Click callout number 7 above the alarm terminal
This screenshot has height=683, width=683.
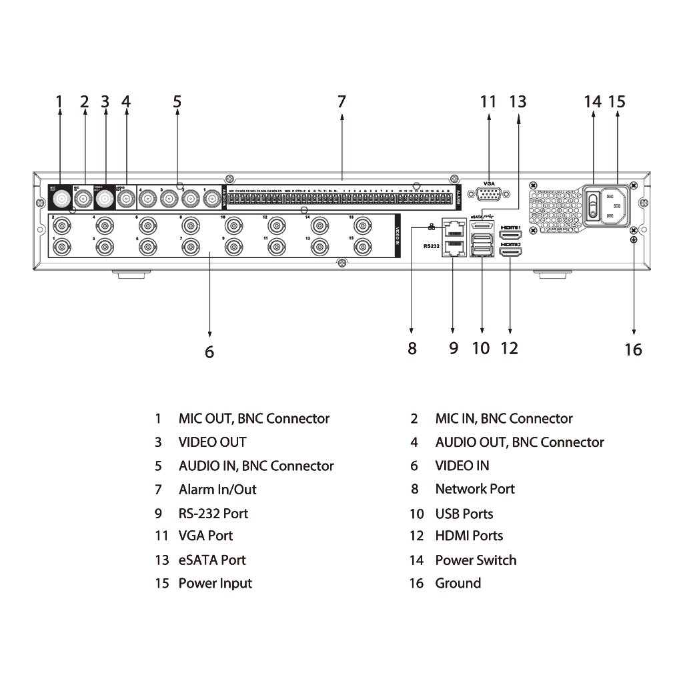[341, 102]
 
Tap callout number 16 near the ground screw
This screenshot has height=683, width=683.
[633, 350]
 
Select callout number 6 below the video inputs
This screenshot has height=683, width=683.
[209, 352]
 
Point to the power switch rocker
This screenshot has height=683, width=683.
[592, 205]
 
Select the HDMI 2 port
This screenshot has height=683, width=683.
[510, 253]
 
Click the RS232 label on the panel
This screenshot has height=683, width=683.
[431, 246]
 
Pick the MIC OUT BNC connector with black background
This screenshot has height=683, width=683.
[61, 199]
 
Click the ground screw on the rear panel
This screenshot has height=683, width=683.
[633, 239]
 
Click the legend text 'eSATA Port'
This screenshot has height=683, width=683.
[212, 560]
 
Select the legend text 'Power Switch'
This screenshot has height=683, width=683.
[476, 560]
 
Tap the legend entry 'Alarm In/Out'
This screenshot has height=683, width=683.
[217, 490]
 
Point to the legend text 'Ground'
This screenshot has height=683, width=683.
[458, 584]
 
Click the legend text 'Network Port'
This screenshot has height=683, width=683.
[475, 489]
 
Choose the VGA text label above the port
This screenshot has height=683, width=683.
[489, 182]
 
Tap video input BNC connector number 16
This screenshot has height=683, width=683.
[362, 223]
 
